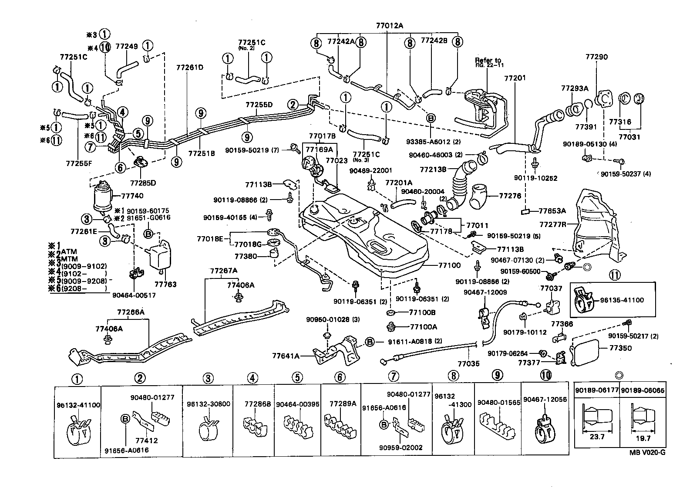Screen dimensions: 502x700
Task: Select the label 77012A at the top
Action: [x=390, y=26]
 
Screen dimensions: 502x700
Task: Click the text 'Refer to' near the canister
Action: [x=488, y=60]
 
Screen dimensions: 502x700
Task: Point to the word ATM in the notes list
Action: [x=69, y=251]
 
